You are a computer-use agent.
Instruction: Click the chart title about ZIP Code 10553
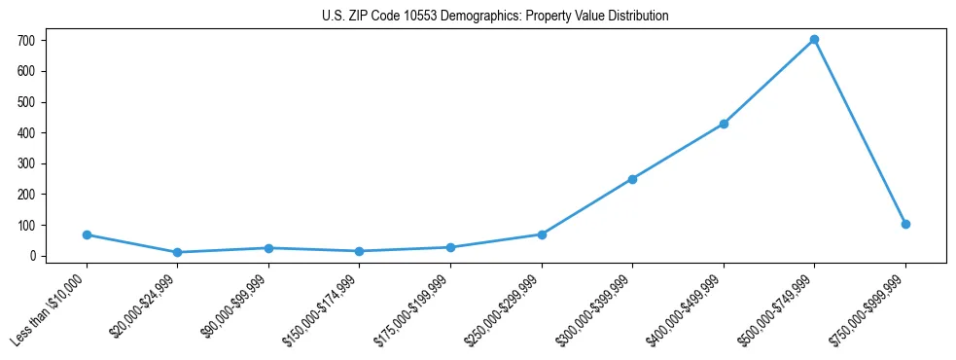point(495,17)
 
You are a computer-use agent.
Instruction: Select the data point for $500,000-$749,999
point(814,40)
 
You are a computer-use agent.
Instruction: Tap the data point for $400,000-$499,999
point(724,124)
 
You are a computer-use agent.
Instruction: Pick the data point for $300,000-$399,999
point(632,179)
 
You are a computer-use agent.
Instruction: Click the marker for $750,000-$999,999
point(905,224)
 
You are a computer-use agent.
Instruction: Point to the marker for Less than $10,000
point(87,234)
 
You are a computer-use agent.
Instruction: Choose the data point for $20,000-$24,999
point(177,252)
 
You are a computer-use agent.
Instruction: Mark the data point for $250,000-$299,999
point(542,234)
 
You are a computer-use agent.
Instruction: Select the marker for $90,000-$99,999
point(268,248)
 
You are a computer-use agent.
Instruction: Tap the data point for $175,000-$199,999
point(450,247)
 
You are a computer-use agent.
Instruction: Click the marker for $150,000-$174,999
point(359,251)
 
